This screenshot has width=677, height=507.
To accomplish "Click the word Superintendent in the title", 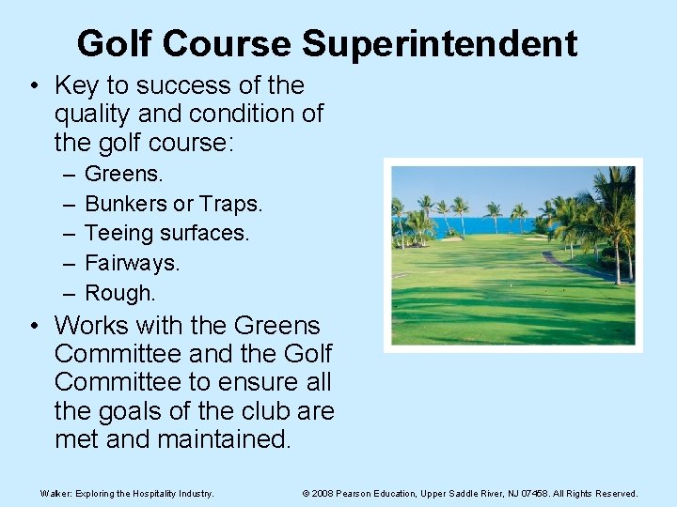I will tap(440, 43).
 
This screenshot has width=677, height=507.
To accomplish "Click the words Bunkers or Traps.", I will tap(174, 203).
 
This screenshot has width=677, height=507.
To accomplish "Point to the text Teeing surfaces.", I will tap(167, 233).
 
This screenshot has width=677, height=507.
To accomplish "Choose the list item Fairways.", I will tap(132, 263).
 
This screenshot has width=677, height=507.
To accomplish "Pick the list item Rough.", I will tap(120, 293).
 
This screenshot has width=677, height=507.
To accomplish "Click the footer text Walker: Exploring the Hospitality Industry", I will tap(127, 493).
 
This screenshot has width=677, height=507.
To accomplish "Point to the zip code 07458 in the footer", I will tap(539, 493).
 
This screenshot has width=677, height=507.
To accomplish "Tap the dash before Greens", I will tap(70, 174).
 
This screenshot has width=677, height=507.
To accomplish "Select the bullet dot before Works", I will tap(34, 327).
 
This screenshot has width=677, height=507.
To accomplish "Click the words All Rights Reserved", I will tap(599, 493).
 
